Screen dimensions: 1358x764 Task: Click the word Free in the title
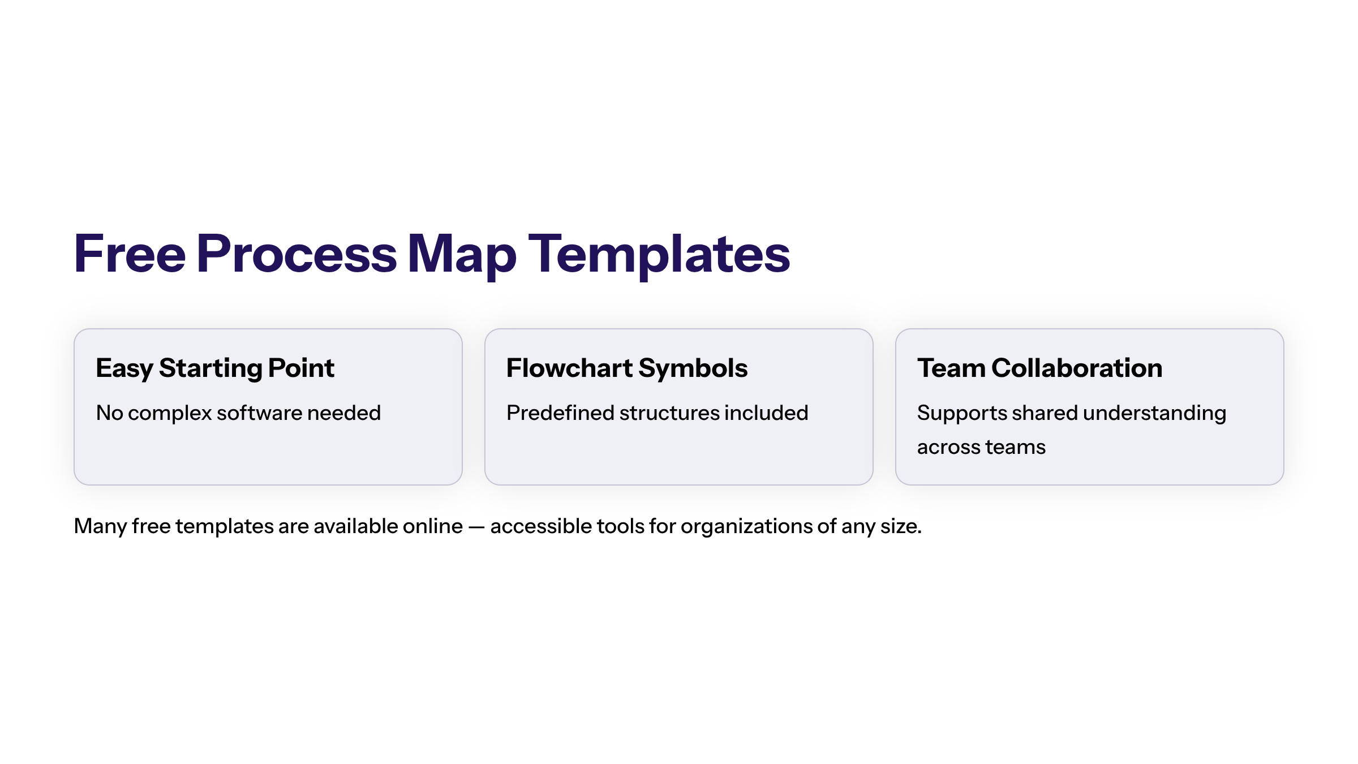[130, 254]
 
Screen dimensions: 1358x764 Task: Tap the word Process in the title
[297, 254]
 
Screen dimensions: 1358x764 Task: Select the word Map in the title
[462, 256]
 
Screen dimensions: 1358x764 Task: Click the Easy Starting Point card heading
[215, 368]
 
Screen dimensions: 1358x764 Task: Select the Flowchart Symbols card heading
[627, 368]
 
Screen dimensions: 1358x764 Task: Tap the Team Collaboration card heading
[1040, 368]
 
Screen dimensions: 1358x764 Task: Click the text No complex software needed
[238, 414]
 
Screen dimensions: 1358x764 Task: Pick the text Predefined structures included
[657, 414]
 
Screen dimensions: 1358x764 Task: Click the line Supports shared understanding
[1072, 414]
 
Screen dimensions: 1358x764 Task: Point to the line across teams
[981, 447]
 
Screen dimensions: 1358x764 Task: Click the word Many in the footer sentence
[101, 527]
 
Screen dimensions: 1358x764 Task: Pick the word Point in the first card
[302, 368]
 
